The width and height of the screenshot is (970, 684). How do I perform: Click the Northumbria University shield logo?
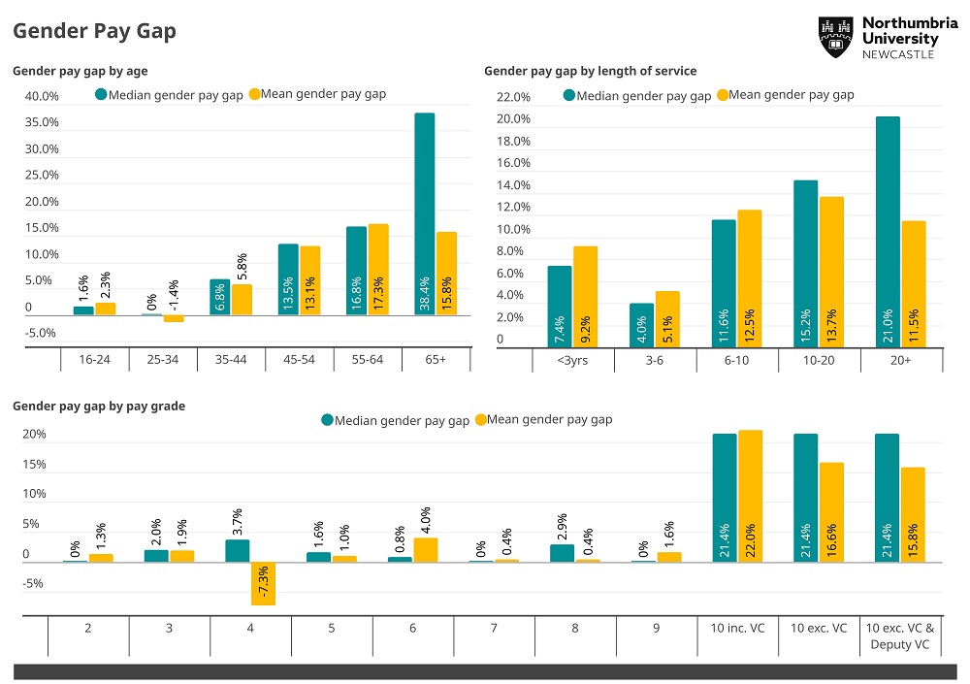tap(835, 37)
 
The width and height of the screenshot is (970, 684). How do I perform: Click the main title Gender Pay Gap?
tap(94, 31)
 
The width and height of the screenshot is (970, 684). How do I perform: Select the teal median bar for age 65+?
tap(424, 213)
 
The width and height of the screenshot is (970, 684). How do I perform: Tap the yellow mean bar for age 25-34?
tap(174, 318)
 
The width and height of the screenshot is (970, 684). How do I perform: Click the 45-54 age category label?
tap(300, 359)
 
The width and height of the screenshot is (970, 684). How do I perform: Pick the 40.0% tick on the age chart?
tap(42, 96)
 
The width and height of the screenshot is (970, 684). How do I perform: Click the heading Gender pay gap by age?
tap(80, 71)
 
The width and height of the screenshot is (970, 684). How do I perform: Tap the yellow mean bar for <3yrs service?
tap(585, 296)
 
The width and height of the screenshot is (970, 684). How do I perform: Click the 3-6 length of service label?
tap(655, 360)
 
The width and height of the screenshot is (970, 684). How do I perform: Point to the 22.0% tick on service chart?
tap(513, 97)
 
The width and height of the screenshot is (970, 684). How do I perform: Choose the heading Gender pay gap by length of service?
tap(590, 71)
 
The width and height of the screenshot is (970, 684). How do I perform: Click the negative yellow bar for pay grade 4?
tap(263, 584)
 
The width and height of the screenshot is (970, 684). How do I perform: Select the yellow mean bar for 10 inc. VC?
tap(751, 496)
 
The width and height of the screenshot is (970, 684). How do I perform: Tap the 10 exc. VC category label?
tap(820, 628)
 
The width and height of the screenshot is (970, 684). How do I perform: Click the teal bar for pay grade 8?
tap(563, 553)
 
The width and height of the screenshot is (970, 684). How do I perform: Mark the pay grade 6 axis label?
tap(413, 628)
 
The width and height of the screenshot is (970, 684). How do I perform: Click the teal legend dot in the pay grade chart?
tap(327, 420)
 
